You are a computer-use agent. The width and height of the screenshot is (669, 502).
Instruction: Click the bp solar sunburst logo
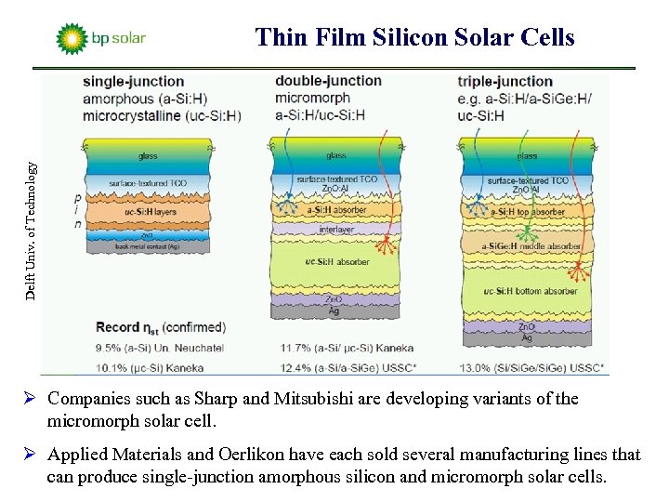71,39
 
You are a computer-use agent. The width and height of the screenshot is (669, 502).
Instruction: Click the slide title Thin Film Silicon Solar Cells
414,37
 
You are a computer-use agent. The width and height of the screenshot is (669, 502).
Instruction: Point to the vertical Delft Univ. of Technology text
32,229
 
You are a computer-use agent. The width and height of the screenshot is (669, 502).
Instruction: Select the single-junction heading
134,82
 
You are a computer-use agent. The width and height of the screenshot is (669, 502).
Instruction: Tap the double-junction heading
328,81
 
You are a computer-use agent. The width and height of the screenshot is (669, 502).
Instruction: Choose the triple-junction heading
505,82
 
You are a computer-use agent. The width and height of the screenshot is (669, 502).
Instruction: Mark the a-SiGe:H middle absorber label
531,246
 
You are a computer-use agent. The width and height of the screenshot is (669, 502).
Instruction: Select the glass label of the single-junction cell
148,156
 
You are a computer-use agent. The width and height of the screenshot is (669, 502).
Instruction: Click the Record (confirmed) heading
160,327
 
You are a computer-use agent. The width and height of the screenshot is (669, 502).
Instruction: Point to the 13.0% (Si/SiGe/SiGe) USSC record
531,366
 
